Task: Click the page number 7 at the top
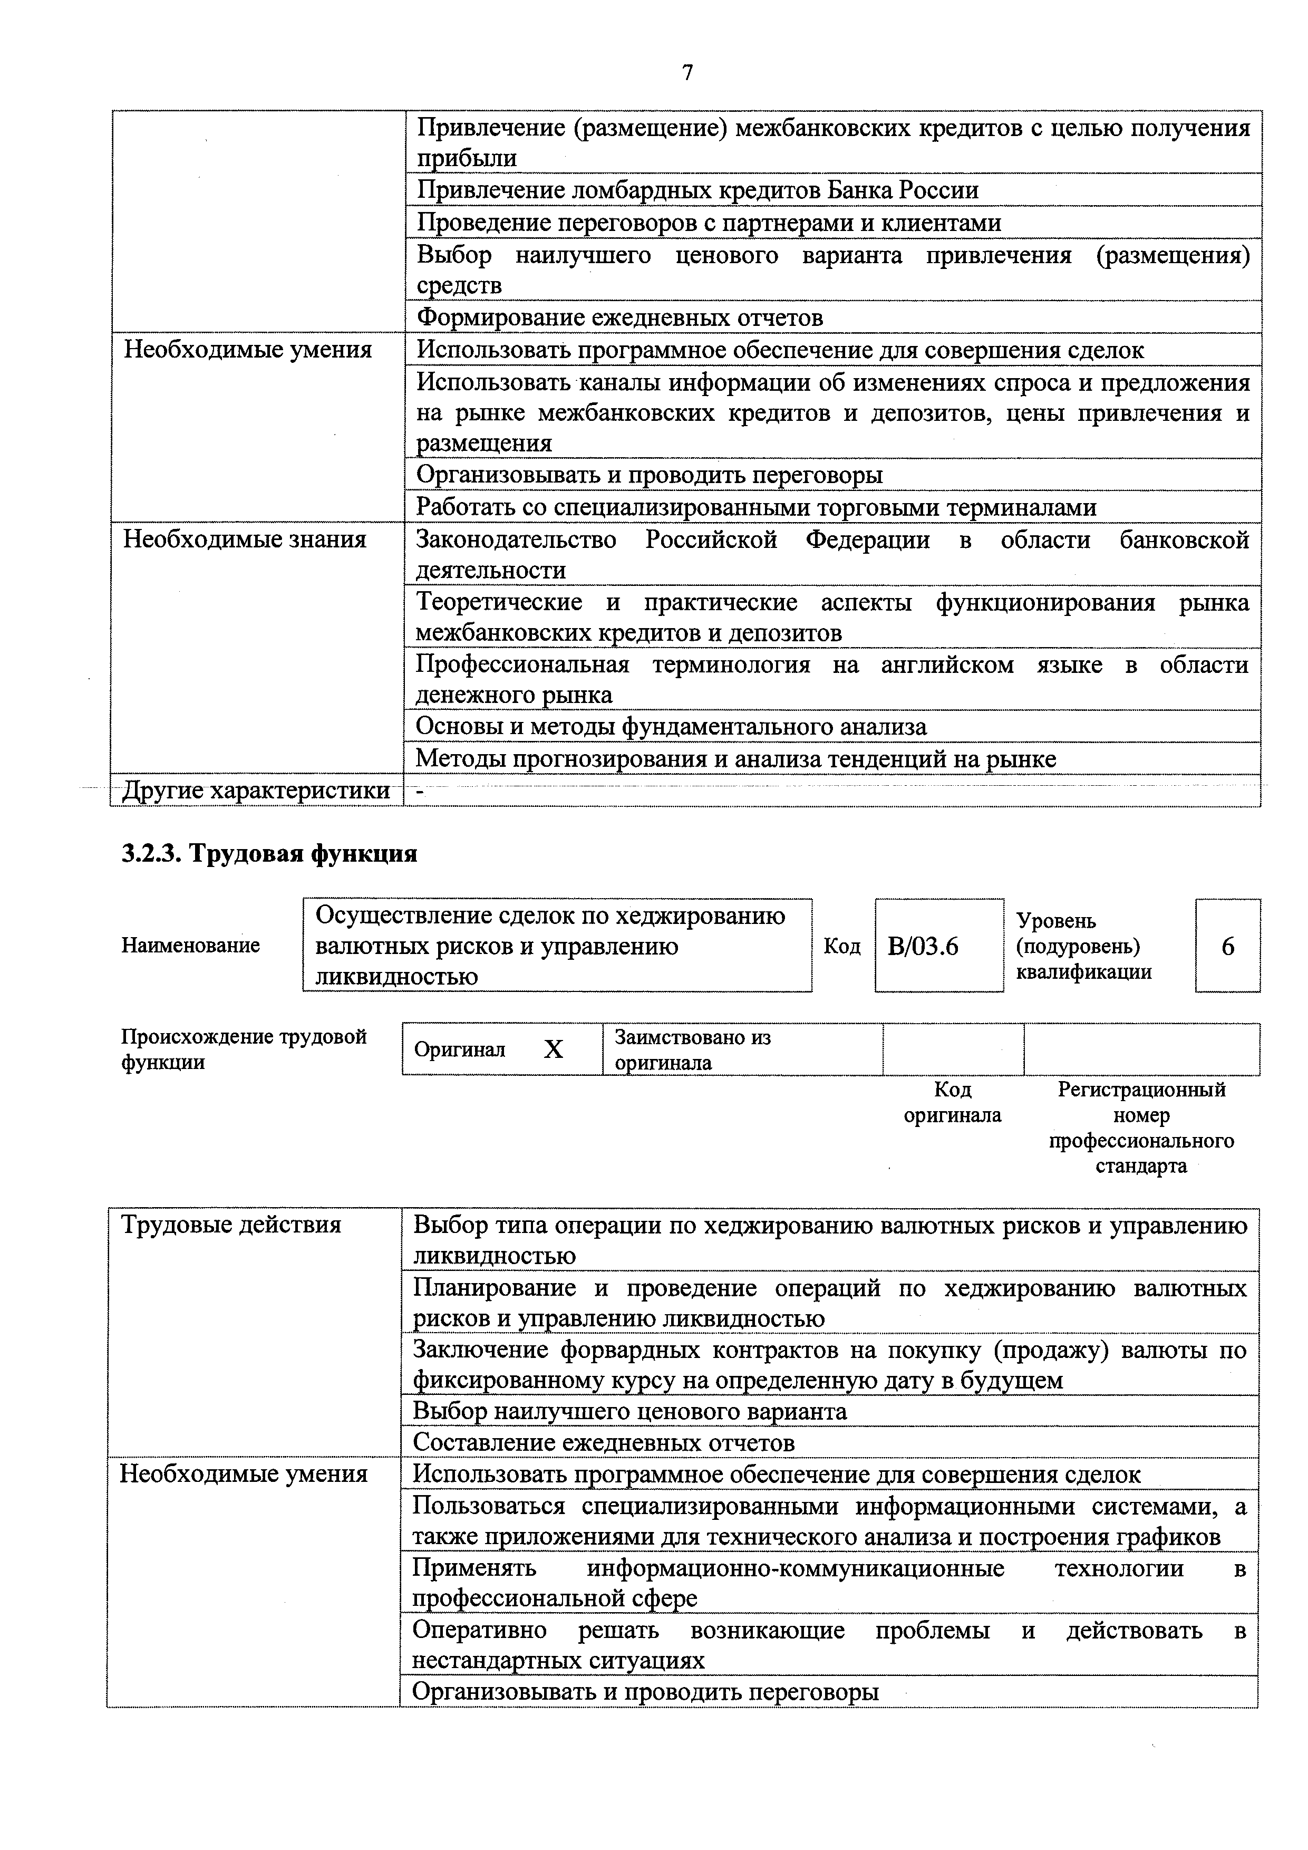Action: click(x=687, y=73)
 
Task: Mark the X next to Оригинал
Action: click(x=554, y=1049)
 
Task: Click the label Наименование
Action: click(x=191, y=945)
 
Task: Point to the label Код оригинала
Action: click(x=952, y=1102)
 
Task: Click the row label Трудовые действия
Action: click(x=231, y=1225)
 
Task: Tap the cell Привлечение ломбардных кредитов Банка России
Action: click(x=697, y=190)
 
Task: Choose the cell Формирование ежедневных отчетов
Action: click(x=619, y=317)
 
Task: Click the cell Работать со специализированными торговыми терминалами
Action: click(x=755, y=508)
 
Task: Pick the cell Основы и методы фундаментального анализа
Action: click(x=671, y=727)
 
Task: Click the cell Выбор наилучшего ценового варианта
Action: click(x=630, y=1412)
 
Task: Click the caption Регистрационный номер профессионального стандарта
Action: click(x=1141, y=1128)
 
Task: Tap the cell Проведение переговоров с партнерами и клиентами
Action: click(x=709, y=223)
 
